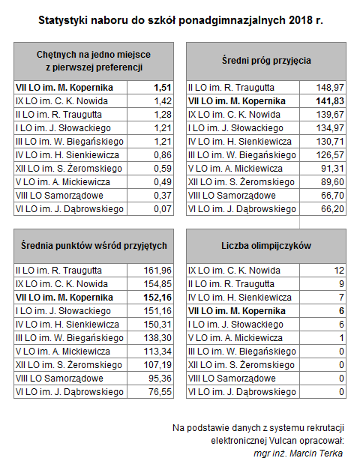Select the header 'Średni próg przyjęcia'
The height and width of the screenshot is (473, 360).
pyautogui.click(x=266, y=61)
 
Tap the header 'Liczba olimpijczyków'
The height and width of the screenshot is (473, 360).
pyautogui.click(x=266, y=246)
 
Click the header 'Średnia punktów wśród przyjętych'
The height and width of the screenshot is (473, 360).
pyautogui.click(x=94, y=246)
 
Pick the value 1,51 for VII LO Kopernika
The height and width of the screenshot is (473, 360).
pyautogui.click(x=163, y=88)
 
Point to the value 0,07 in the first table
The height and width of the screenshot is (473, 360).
pyautogui.click(x=163, y=208)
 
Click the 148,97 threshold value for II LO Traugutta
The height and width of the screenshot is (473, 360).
pyautogui.click(x=330, y=88)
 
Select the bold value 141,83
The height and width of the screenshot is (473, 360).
pyautogui.click(x=330, y=101)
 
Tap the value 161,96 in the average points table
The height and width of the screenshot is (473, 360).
pyautogui.click(x=157, y=271)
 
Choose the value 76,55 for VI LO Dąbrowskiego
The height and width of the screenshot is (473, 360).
pyautogui.click(x=160, y=392)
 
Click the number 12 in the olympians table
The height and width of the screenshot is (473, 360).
pyautogui.click(x=339, y=271)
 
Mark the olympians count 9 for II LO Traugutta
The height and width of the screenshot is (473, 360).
pyautogui.click(x=341, y=284)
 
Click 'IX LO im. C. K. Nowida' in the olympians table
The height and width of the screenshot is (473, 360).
pyautogui.click(x=234, y=271)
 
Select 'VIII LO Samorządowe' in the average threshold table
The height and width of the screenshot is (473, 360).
pyautogui.click(x=232, y=196)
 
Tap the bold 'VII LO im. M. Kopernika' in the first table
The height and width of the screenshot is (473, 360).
pyautogui.click(x=64, y=88)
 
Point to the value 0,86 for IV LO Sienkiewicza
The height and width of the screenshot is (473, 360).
pyautogui.click(x=163, y=155)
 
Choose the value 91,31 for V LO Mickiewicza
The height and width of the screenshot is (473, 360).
pyautogui.click(x=332, y=169)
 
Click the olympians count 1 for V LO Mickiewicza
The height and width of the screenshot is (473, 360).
pyautogui.click(x=341, y=338)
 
